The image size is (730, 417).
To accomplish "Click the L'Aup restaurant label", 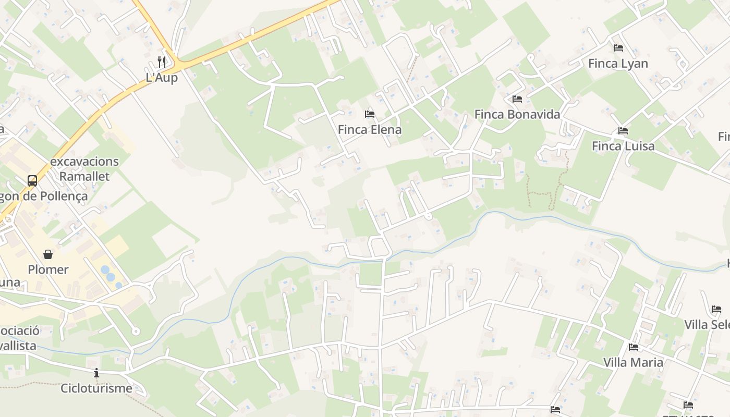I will pos(162,78).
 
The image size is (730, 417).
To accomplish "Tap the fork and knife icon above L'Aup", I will pos(162,62).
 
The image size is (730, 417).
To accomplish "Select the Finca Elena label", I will pos(370,129).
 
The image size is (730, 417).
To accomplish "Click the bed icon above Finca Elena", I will pos(370,114).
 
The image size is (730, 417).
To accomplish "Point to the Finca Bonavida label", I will pos(517,114).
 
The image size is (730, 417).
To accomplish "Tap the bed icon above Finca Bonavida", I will pos(517,99).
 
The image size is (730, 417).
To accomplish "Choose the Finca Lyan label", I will pos(618,64).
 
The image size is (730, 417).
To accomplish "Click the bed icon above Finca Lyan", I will pos(618,48).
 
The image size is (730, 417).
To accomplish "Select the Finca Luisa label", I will pos(623,146).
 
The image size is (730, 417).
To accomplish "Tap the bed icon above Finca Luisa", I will pos(623,130).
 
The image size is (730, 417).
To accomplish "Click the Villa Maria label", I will pos(633,362).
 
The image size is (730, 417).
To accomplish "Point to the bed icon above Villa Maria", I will pos(634,347).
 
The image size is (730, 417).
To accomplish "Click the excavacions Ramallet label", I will pos(84,169).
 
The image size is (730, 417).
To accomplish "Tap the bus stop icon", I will pos(32,181).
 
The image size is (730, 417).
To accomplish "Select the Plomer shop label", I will pos(48,269).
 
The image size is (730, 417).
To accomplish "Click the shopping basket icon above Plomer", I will pos(48,254).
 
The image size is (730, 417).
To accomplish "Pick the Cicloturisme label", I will pos(96,388).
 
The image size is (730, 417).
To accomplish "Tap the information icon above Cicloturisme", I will pos(96,373).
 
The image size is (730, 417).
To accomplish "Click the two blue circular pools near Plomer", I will pos(108,274).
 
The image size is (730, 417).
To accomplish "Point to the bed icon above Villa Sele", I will pos(716,309).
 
